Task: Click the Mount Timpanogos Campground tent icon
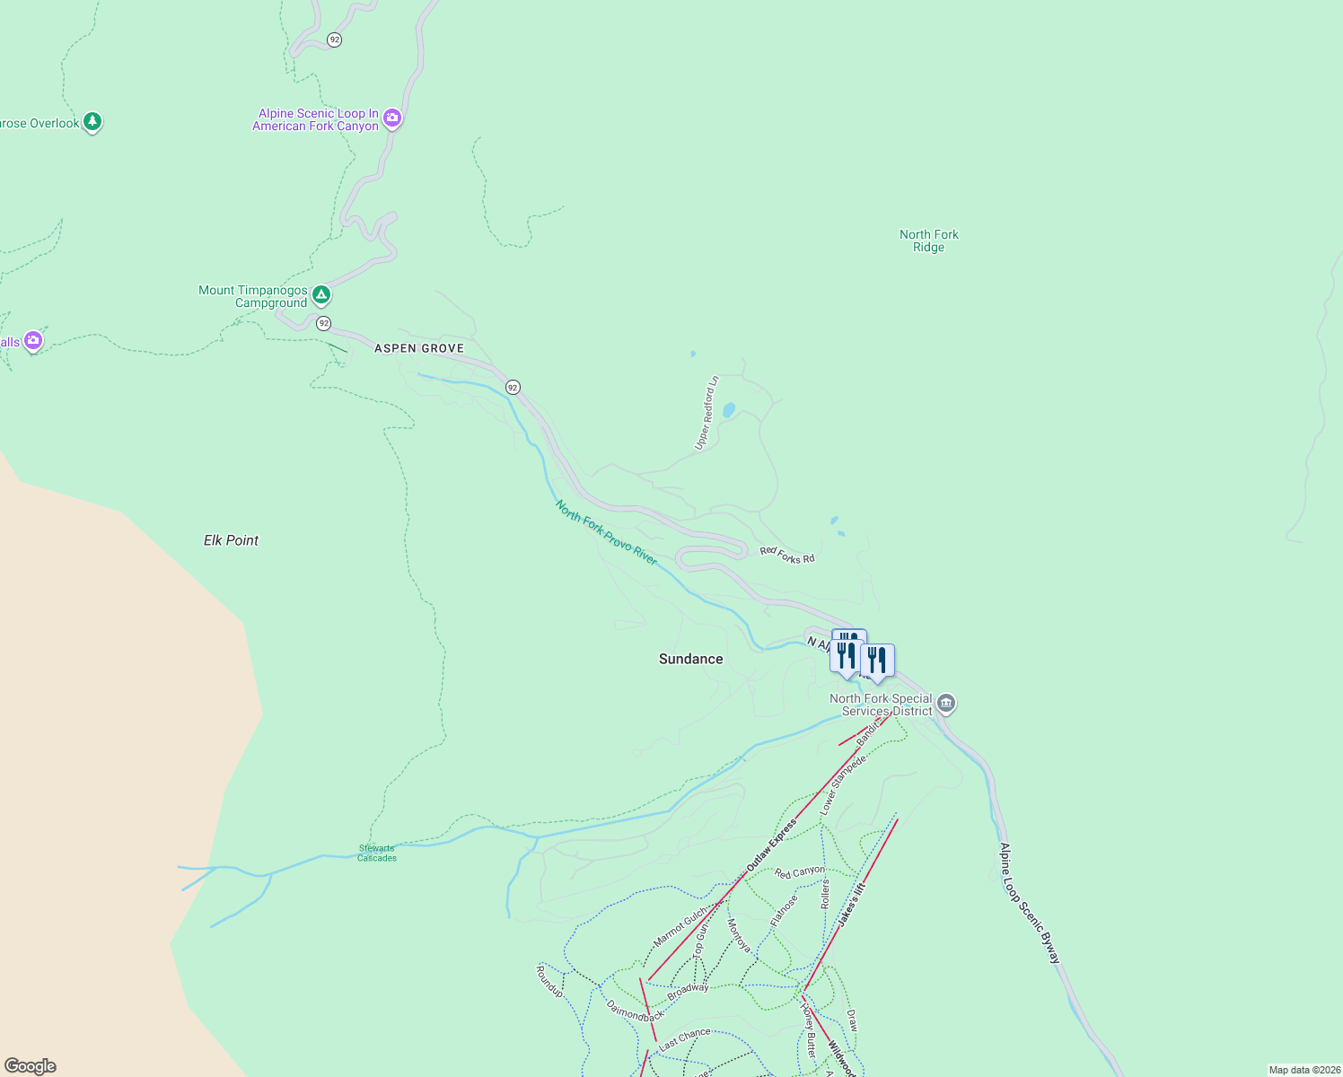click(321, 294)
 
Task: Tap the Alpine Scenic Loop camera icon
click(391, 118)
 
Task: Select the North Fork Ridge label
click(929, 241)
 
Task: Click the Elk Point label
click(231, 540)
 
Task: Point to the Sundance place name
click(690, 659)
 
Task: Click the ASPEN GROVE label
click(419, 348)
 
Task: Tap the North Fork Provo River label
click(606, 533)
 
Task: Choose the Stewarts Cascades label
click(377, 853)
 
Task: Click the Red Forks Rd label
click(787, 556)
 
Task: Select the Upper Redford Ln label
click(707, 413)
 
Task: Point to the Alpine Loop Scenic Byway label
click(1030, 904)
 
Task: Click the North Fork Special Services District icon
click(945, 704)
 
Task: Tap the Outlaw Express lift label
click(771, 845)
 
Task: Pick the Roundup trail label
click(549, 982)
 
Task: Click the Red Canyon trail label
click(799, 871)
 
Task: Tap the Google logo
click(31, 1066)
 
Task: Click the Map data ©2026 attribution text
click(1304, 1070)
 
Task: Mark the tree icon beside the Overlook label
click(92, 121)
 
